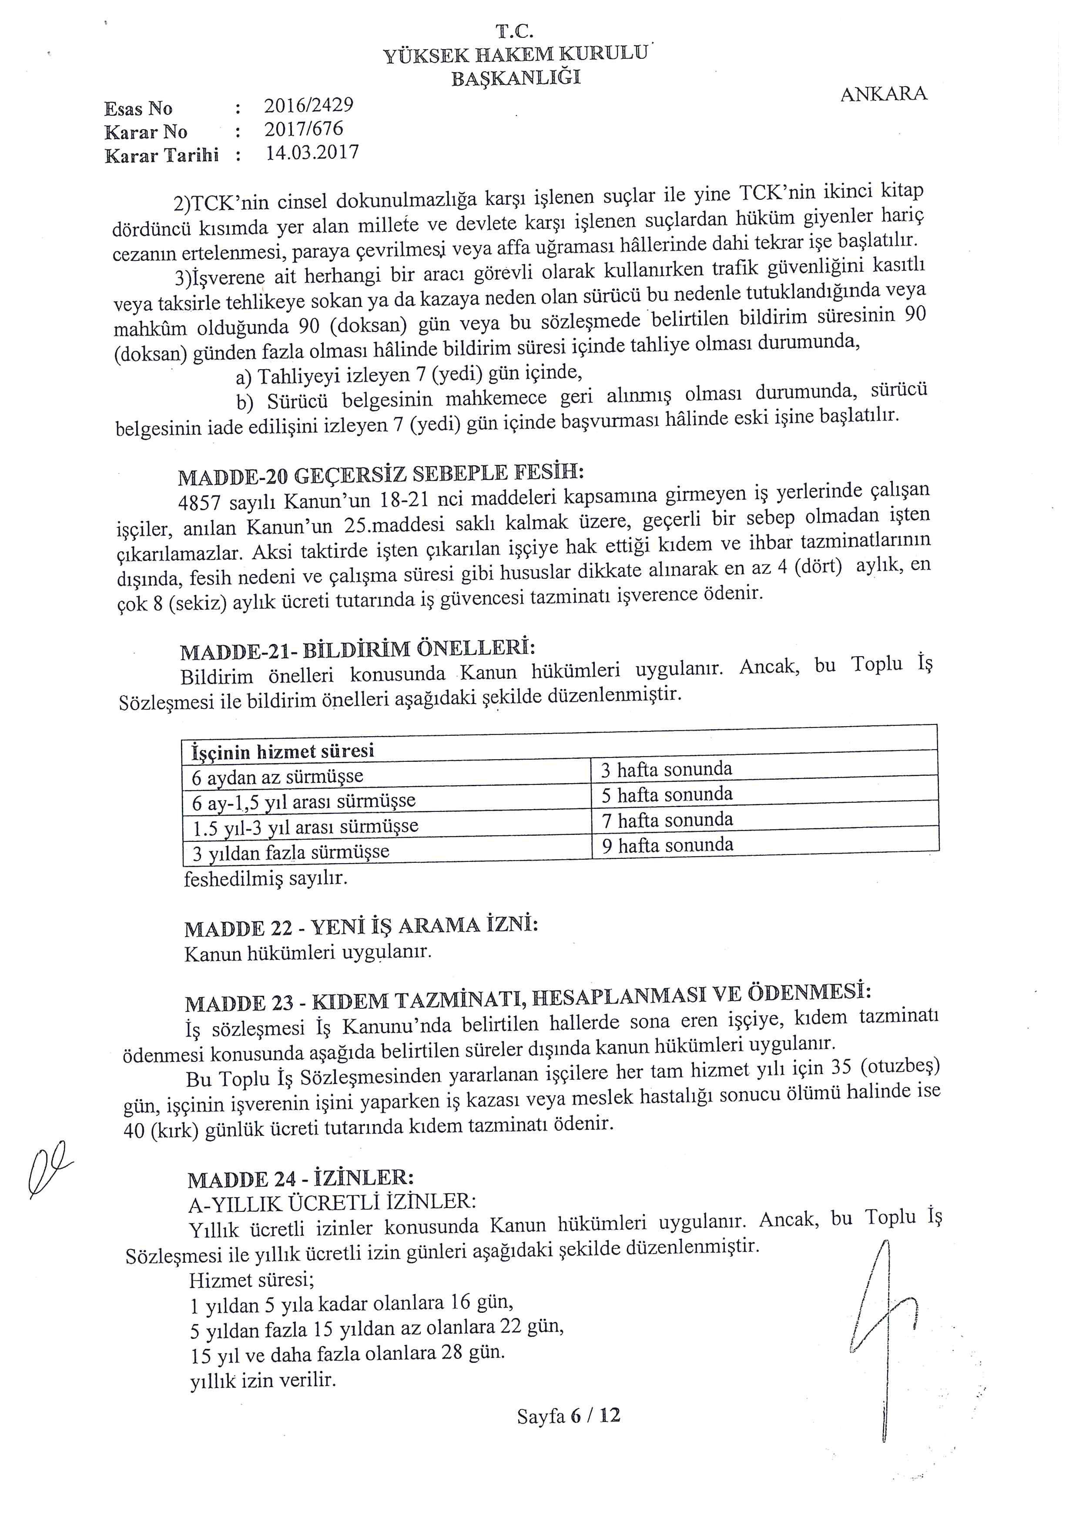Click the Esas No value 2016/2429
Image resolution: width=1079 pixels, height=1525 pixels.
point(308,105)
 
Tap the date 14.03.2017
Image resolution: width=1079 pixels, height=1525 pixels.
point(312,153)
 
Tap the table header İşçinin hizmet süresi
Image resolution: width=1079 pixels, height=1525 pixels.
point(282,751)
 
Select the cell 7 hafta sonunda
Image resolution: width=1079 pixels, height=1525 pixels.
point(667,820)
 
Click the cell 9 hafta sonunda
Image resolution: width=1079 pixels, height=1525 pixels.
point(667,845)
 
